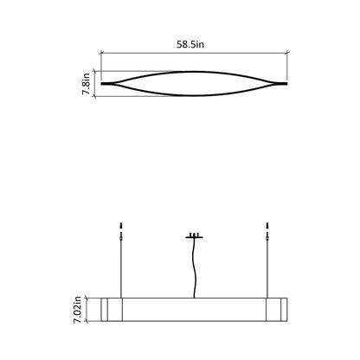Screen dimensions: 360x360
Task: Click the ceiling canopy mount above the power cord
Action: coord(195,235)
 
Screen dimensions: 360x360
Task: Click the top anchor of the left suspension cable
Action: coord(123,229)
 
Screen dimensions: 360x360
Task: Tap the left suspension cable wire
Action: coord(123,268)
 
